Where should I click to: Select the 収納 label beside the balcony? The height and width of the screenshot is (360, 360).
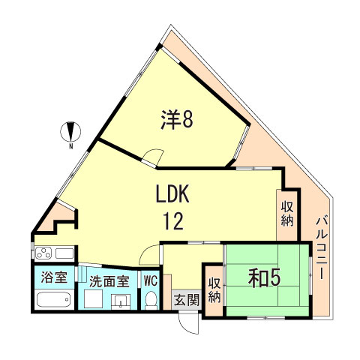tap(287, 212)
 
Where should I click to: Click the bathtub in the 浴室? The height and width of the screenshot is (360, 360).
tap(52, 301)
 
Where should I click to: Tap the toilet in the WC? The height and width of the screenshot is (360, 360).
tap(150, 300)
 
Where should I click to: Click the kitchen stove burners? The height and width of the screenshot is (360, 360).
tap(43, 252)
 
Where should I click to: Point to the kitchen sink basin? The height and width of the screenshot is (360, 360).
tap(63, 252)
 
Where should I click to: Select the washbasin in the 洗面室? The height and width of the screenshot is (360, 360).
tap(120, 301)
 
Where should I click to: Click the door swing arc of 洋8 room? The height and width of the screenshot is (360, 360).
tap(152, 158)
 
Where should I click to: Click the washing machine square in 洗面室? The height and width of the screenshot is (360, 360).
tap(94, 301)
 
